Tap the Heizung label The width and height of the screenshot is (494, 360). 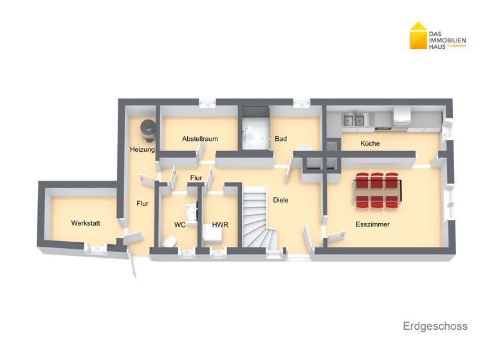[x=142, y=150]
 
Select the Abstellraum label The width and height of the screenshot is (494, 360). [x=200, y=139]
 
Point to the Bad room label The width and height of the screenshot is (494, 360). [x=280, y=139]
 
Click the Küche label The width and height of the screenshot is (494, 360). [x=370, y=144]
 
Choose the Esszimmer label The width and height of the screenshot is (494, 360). [x=373, y=224]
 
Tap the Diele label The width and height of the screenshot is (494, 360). [x=280, y=200]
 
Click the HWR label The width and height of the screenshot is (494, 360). [x=221, y=225]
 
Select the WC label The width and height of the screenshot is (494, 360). [x=180, y=225]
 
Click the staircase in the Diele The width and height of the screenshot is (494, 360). [x=256, y=219]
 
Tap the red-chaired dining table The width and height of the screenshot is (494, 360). [x=378, y=191]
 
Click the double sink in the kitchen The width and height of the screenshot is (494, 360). [x=353, y=119]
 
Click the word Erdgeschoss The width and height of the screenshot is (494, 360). [x=435, y=327]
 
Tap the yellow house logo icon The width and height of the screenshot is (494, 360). [x=418, y=35]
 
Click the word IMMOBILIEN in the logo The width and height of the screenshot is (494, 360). [x=448, y=40]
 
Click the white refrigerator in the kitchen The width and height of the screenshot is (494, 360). [x=402, y=117]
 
